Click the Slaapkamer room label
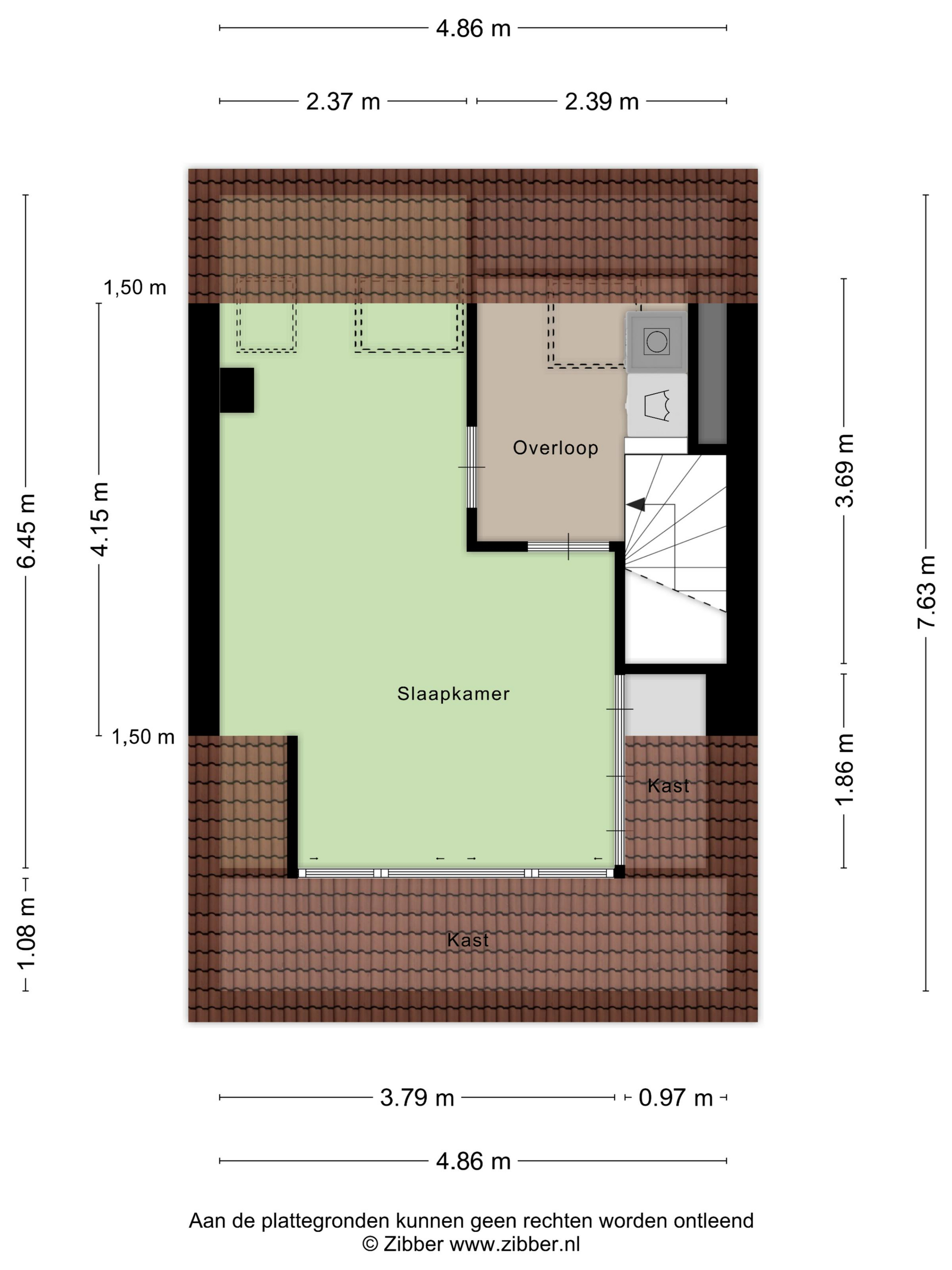point(453,694)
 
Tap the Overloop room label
point(555,448)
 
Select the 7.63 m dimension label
point(926,592)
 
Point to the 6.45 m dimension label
point(27,531)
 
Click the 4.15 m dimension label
point(99,519)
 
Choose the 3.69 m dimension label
point(844,470)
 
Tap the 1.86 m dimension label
point(844,769)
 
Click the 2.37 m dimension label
point(343,102)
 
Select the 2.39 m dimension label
point(602,102)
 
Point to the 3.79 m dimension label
point(417,1098)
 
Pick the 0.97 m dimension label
point(675,1098)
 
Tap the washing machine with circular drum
point(657,342)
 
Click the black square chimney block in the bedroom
point(237,390)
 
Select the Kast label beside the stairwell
point(669,786)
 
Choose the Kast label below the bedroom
point(468,940)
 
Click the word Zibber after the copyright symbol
point(413,1245)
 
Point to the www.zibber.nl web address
point(515,1245)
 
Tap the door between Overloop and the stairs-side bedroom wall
point(568,547)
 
